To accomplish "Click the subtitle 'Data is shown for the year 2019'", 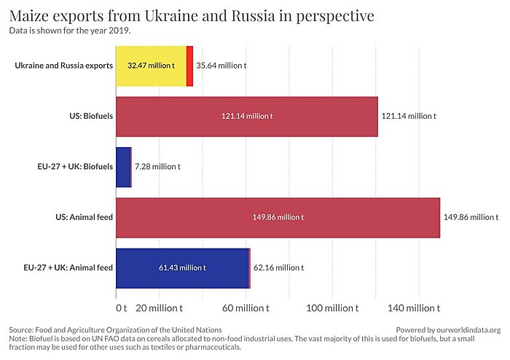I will point(69,31).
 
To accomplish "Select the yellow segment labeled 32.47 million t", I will point(151,66).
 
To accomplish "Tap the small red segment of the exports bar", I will point(189,66).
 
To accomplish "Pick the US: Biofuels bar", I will point(247,116).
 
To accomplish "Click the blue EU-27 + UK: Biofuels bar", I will point(123,167).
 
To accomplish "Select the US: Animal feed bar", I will point(278,217).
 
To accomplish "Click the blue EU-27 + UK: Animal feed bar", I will point(182,267).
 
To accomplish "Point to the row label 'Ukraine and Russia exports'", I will point(63,66).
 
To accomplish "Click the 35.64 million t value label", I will point(221,66).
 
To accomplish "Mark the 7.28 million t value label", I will point(157,167).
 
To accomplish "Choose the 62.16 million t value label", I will point(278,267).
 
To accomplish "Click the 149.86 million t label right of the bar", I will point(471,217).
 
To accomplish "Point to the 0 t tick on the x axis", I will point(121,308).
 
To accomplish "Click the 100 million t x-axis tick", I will point(332,308).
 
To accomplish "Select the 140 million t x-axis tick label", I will point(418,308).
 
